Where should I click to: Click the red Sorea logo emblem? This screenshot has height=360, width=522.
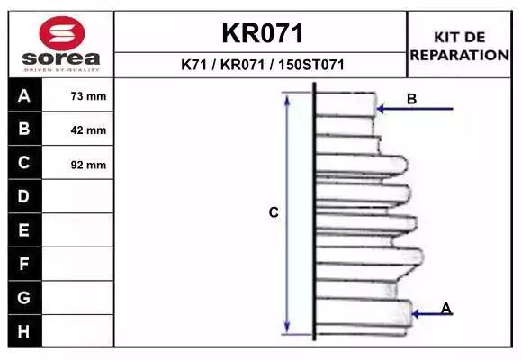pos(62,33)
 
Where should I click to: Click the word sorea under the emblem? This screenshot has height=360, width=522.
pos(61,58)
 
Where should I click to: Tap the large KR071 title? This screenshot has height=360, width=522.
pos(262,33)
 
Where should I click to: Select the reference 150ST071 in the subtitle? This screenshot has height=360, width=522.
pos(311,65)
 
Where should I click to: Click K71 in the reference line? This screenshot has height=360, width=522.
pos(193,65)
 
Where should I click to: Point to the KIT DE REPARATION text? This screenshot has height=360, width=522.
pos(459,46)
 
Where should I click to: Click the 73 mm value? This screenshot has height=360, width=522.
pos(88,96)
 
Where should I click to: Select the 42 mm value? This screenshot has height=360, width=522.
pos(88,130)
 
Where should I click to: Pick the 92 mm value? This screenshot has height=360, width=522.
pos(88,165)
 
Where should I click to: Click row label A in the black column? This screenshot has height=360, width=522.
pos(24,95)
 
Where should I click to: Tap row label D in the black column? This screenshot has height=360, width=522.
pos(23,196)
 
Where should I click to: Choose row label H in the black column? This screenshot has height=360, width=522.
pos(23,331)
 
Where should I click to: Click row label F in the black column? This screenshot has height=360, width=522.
pos(23,264)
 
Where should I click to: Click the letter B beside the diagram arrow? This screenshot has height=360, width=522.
pos(412,99)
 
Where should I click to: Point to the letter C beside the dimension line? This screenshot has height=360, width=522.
pos(274,212)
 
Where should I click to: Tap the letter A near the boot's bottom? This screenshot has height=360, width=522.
pos(446,308)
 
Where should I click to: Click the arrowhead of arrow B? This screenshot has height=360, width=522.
pos(380,109)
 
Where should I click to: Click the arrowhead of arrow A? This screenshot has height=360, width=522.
pos(416,314)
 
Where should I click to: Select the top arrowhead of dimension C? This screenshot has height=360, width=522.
pos(287,98)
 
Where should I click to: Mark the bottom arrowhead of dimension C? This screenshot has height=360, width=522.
pos(287,328)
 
